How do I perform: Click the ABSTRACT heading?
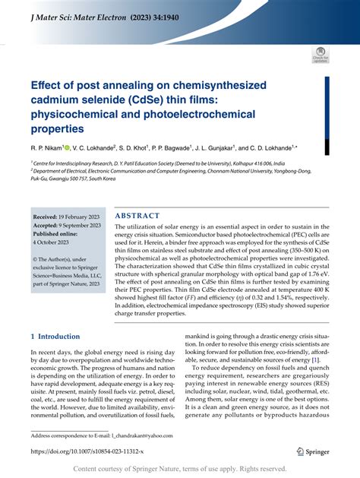pos(137,216)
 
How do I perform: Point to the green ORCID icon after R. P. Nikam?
pos(67,147)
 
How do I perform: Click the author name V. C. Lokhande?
pos(97,147)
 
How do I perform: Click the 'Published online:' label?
pos(59,235)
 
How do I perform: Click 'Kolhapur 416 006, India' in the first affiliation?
pos(267,163)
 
